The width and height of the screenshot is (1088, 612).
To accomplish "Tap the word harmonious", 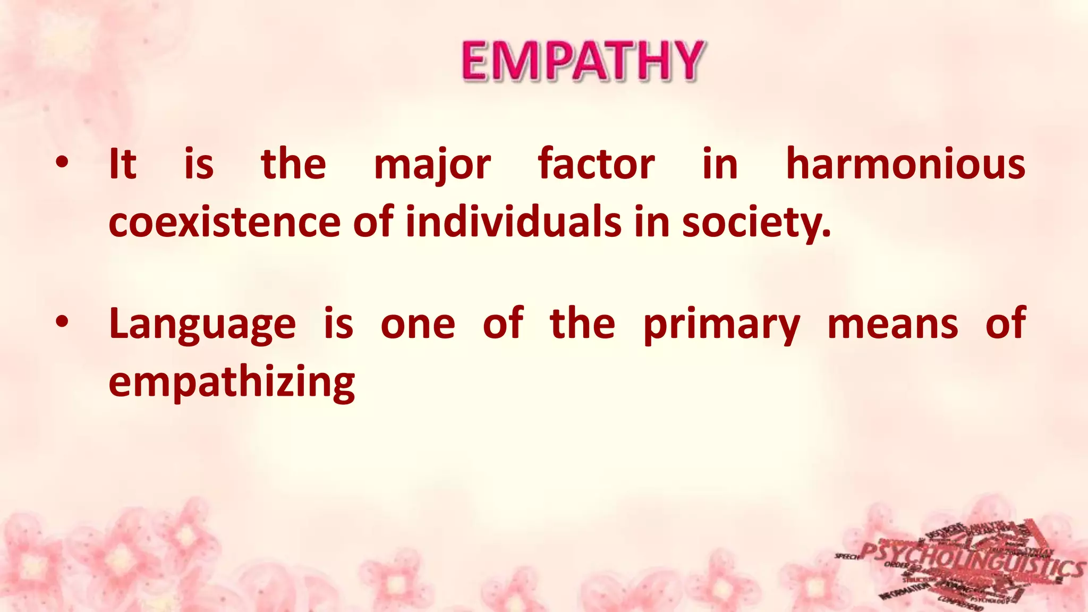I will (x=905, y=164).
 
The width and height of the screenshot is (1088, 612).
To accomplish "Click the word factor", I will (x=596, y=164).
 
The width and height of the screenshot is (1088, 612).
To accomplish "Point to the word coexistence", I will (x=224, y=222).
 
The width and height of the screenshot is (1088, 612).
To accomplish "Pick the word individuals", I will (x=513, y=222).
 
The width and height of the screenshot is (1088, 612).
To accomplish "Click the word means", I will (x=892, y=324).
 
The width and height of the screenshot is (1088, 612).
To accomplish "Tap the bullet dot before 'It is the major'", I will (x=62, y=163).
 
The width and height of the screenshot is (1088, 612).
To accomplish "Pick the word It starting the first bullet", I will (x=122, y=164).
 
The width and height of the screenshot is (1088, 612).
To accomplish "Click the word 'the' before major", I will (x=293, y=164).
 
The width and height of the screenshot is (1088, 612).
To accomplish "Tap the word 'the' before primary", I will (x=582, y=324).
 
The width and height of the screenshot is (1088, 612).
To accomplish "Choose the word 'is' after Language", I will (x=338, y=324).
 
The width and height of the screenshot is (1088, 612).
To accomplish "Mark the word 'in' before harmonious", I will (x=720, y=164).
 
